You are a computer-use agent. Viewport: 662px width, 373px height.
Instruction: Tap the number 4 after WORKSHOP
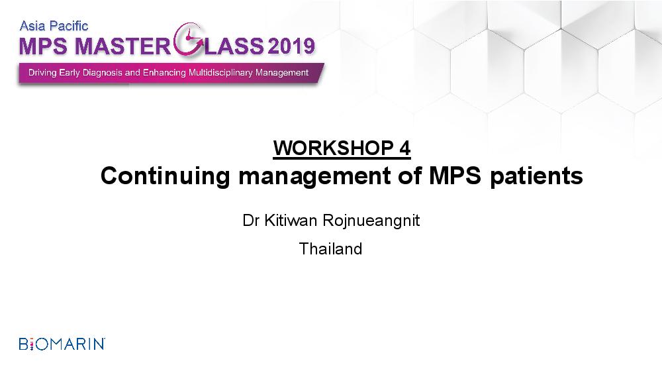point(405,148)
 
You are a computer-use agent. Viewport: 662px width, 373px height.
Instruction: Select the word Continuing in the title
point(165,176)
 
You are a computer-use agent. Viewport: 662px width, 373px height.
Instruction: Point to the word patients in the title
point(536,176)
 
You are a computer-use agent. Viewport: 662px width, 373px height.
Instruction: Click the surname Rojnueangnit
point(371,221)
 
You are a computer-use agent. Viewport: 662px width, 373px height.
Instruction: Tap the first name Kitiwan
point(291,220)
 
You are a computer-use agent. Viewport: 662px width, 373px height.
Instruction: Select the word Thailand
point(330,249)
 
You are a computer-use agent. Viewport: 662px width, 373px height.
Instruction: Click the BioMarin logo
point(62,344)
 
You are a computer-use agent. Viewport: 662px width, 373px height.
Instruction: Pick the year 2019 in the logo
point(291,46)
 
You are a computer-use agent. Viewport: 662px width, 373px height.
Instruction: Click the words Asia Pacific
point(54,27)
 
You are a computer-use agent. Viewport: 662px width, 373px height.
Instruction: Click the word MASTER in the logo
point(122,46)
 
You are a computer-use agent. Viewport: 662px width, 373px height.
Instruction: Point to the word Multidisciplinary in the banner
point(220,73)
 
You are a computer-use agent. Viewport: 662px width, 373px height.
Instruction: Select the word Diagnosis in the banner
point(103,73)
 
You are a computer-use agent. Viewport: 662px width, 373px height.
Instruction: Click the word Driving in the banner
point(42,73)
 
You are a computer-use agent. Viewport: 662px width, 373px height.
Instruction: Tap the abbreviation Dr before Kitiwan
point(251,220)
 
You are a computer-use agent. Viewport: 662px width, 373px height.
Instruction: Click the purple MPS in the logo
point(43,46)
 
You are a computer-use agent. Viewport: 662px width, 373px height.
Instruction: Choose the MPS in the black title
point(455,176)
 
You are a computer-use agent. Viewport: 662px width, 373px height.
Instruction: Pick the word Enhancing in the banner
point(164,73)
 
